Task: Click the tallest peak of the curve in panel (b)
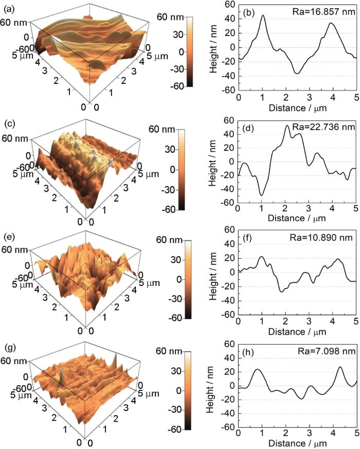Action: pos(263,15)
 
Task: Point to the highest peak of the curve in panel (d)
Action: pos(287,125)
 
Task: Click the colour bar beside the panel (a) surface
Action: pos(174,51)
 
